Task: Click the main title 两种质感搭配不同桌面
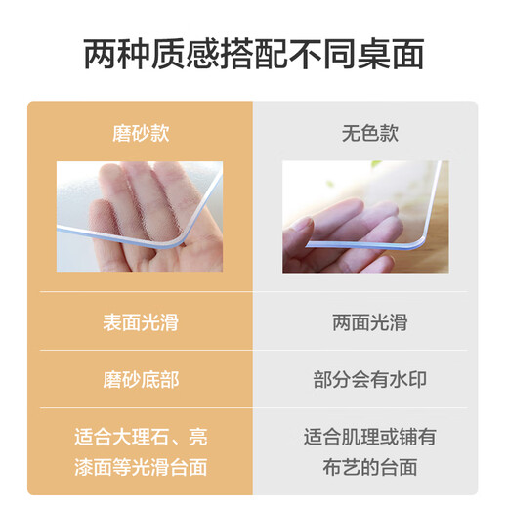tap(253, 55)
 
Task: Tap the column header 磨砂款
tap(140, 133)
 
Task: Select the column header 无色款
tap(369, 133)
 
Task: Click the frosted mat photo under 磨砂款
tap(140, 217)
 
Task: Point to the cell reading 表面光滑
tap(140, 320)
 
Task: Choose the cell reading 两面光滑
tap(369, 320)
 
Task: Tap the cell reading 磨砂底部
tap(140, 379)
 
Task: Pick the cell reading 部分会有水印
tap(369, 379)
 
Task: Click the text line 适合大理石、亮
tap(140, 435)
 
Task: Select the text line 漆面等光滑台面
tap(140, 467)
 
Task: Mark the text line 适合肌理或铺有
tap(369, 435)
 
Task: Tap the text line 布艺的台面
tap(369, 467)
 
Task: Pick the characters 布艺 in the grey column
tap(338, 467)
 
